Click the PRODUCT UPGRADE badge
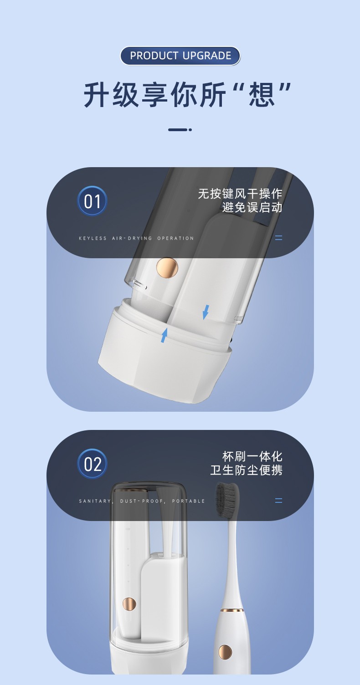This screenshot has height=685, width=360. [180, 56]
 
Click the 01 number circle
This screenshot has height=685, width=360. [92, 201]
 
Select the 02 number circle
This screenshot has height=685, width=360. [92, 464]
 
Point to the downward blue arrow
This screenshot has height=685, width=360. [206, 312]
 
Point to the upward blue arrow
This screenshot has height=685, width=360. [164, 335]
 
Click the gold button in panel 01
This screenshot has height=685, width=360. [167, 268]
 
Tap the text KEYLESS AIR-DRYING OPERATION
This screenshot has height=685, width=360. [136, 238]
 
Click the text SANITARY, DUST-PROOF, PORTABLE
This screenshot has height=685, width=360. [142, 501]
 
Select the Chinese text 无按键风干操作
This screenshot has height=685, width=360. [240, 194]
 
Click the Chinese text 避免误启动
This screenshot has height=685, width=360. [252, 207]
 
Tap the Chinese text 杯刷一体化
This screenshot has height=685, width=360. [252, 456]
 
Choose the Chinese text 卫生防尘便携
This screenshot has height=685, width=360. [246, 470]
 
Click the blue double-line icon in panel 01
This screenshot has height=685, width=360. [278, 238]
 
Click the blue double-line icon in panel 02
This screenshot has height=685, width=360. [278, 501]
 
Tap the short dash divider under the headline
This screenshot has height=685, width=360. [180, 130]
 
